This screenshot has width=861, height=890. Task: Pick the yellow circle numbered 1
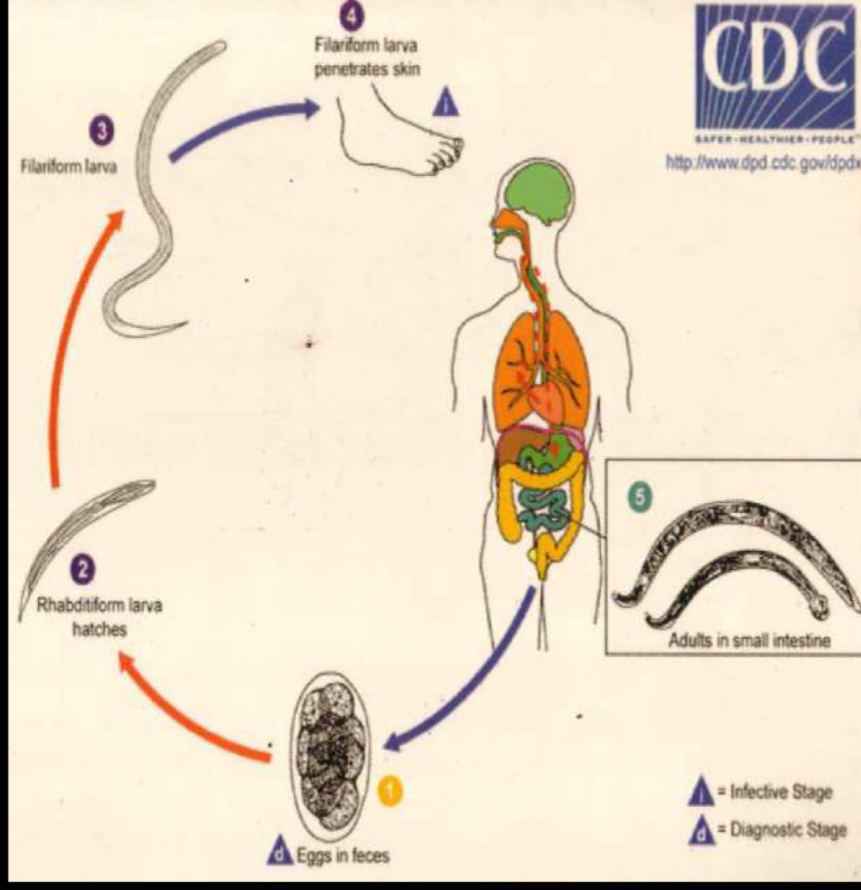[390, 790]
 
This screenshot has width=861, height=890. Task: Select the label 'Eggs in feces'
[348, 855]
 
